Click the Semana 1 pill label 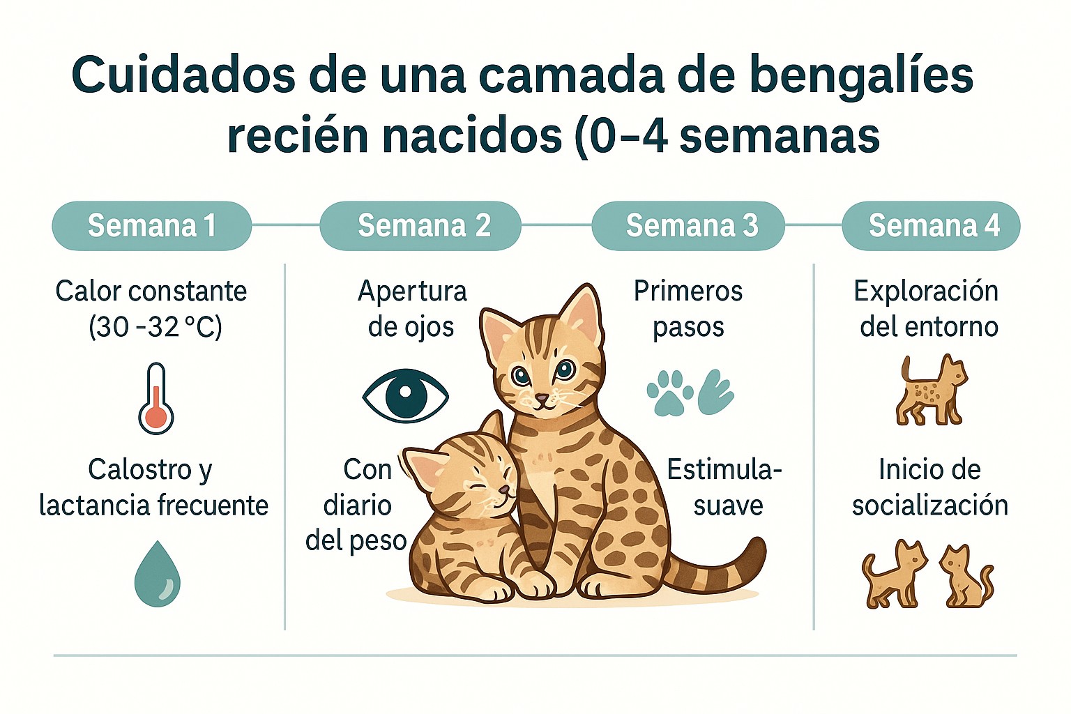151,226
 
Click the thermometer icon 155,399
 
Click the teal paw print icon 669,393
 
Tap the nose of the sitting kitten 542,397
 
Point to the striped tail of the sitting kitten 725,568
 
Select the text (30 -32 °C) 155,326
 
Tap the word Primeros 688,291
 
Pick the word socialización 929,505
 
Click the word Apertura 412,291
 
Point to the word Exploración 925,291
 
